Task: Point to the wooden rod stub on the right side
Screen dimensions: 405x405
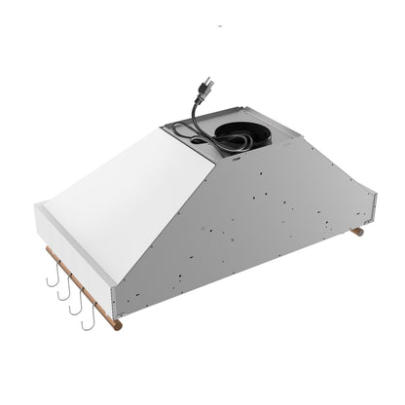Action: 357,232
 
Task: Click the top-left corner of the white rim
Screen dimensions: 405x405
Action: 36,206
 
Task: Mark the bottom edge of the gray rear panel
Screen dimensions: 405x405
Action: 243,272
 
